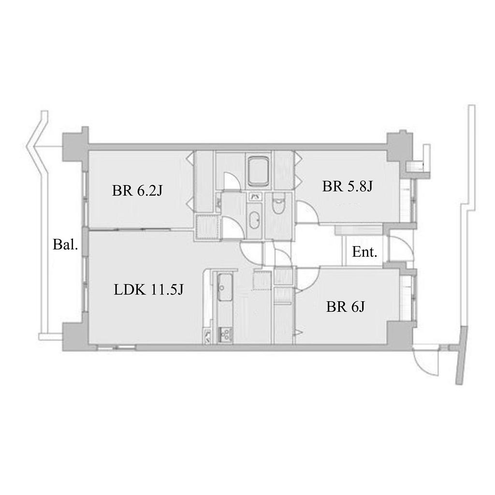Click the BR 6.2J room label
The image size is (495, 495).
[137, 190]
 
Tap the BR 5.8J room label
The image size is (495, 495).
[347, 186]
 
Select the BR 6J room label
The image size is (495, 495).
[345, 306]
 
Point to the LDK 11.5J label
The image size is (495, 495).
[148, 290]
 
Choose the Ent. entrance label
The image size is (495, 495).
[364, 252]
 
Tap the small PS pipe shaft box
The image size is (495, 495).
[254, 197]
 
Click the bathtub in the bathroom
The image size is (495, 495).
[259, 172]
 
